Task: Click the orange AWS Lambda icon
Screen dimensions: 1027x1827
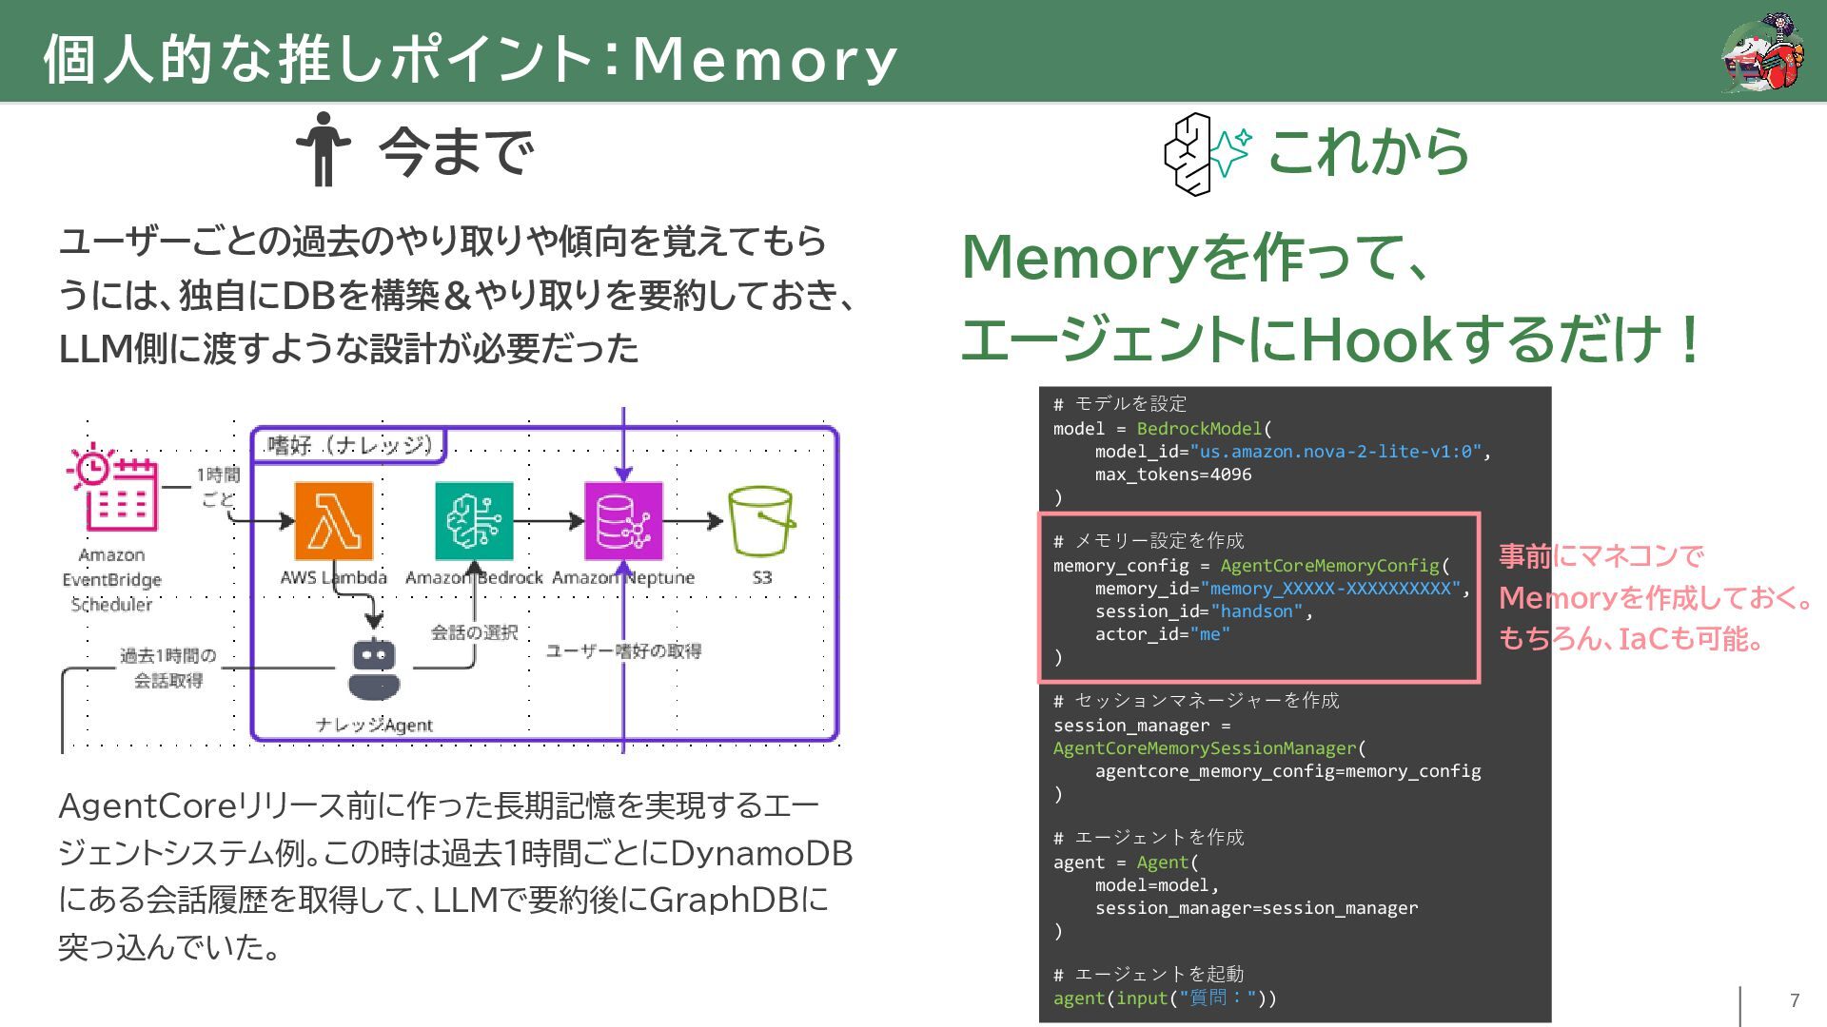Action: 333,521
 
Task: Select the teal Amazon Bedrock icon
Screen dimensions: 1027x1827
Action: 474,521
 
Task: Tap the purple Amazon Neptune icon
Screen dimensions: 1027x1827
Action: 623,521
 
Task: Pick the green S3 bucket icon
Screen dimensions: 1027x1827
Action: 761,521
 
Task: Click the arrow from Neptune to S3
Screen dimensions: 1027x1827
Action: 693,521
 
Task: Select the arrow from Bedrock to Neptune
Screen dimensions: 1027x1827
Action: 548,521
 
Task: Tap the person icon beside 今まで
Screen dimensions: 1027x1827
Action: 324,149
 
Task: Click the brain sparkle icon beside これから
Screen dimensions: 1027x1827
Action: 1207,153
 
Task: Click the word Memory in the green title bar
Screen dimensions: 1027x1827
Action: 765,59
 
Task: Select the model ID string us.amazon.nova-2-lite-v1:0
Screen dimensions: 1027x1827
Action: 1335,452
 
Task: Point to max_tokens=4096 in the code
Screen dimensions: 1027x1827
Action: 1172,475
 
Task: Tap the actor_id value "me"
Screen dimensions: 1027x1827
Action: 1209,634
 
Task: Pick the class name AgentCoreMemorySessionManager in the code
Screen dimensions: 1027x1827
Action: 1205,748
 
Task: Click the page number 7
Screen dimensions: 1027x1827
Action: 1795,1000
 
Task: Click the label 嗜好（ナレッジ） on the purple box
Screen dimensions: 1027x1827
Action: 350,445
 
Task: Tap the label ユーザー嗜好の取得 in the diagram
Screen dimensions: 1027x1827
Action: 623,651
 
